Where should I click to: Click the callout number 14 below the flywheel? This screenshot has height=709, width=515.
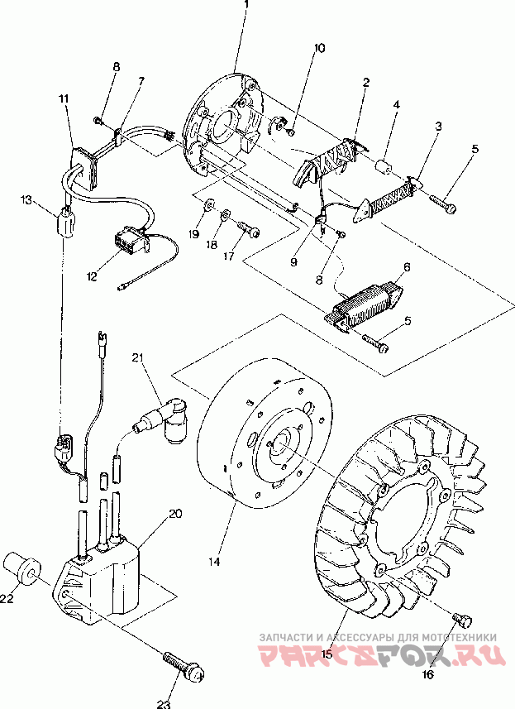click(214, 561)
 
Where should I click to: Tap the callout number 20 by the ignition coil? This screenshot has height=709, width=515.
click(175, 514)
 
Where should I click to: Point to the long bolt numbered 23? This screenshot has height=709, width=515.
click(183, 664)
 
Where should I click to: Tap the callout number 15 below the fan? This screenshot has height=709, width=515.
click(327, 654)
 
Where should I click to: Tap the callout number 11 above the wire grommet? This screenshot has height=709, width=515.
click(64, 98)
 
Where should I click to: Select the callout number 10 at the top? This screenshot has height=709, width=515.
click(319, 47)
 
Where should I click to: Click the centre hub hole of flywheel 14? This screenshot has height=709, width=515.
click(283, 441)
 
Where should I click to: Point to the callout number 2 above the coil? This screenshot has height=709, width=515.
click(366, 82)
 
